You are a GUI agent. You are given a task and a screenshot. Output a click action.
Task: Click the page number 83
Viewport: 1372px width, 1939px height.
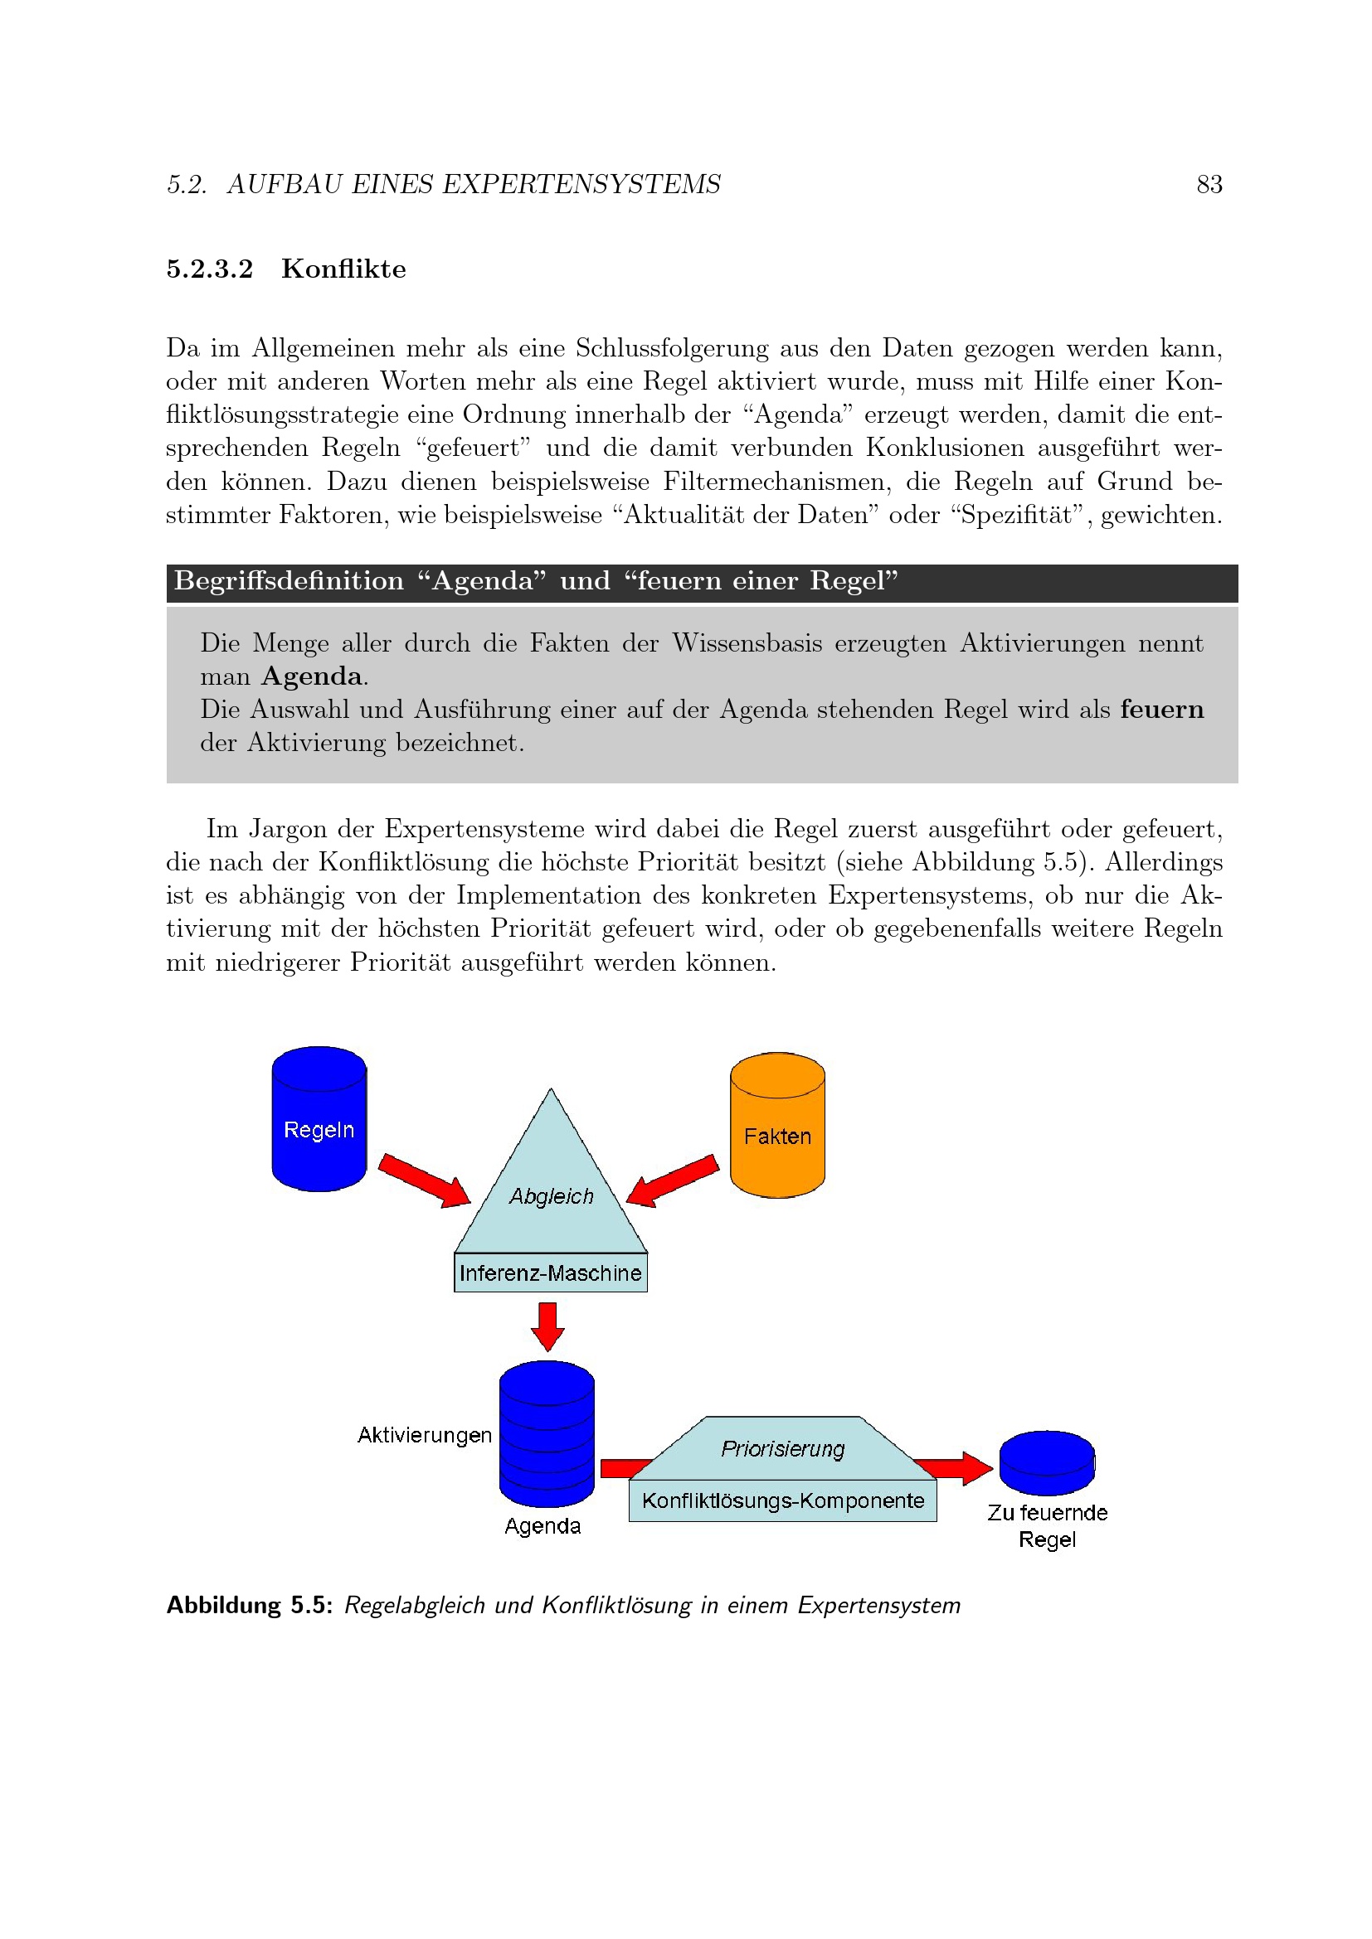click(1209, 184)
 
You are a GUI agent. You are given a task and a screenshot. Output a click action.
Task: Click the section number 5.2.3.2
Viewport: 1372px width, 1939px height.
click(210, 269)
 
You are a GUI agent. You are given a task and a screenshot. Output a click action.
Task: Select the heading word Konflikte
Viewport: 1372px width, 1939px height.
click(343, 269)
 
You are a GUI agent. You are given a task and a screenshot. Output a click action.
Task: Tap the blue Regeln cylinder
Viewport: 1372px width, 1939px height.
click(319, 1119)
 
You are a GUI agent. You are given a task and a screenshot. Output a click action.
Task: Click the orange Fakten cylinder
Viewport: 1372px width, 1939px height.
click(777, 1126)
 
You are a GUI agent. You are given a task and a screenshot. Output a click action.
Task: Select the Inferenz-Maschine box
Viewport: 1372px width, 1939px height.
click(551, 1272)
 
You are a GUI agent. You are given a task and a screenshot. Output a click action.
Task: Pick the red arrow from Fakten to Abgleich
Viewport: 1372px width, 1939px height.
click(673, 1180)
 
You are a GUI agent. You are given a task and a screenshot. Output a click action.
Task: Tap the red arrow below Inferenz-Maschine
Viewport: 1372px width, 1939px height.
click(547, 1325)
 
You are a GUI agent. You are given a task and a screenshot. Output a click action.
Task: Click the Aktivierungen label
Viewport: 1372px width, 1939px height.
click(424, 1435)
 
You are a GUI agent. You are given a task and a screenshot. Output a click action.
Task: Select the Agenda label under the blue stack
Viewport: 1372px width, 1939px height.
click(542, 1526)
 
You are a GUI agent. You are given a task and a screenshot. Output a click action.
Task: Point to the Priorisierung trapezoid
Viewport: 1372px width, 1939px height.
click(782, 1448)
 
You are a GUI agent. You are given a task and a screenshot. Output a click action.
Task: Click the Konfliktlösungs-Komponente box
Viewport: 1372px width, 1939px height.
click(782, 1500)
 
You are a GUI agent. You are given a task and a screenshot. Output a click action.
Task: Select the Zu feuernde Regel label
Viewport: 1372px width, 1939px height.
click(1047, 1525)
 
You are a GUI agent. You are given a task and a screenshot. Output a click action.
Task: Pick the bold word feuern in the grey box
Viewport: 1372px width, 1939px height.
click(1161, 710)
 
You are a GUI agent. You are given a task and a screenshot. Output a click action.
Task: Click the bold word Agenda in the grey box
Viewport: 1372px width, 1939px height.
click(312, 676)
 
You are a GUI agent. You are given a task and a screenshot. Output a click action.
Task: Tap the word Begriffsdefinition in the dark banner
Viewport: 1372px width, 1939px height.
click(289, 581)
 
